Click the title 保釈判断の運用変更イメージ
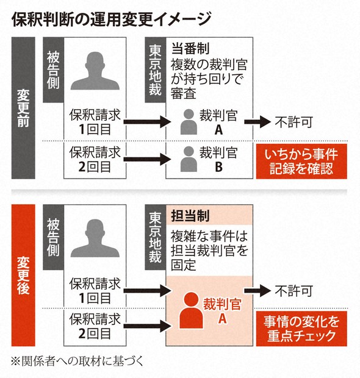(x=112, y=20)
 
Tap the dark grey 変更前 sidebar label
(x=23, y=108)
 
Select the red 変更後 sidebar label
(x=23, y=276)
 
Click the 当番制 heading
(x=190, y=48)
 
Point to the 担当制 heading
(x=190, y=215)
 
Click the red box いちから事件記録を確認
(x=301, y=162)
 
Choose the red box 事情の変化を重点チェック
(x=301, y=329)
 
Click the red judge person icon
(x=191, y=310)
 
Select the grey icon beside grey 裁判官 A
(x=189, y=122)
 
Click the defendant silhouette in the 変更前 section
(x=95, y=71)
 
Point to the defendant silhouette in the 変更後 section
(x=95, y=238)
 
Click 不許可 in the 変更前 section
(x=294, y=122)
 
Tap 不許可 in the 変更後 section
(x=294, y=291)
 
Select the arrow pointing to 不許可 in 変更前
(x=257, y=122)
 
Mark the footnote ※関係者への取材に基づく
(x=77, y=361)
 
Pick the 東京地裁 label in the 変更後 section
(x=155, y=237)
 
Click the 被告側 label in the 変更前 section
(x=53, y=70)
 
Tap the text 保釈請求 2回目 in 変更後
(x=95, y=326)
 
